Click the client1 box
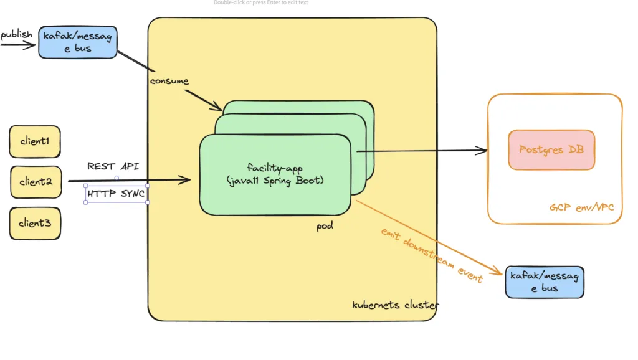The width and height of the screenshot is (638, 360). (35, 141)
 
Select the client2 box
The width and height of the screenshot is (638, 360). (36, 182)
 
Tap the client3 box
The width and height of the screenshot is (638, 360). (35, 223)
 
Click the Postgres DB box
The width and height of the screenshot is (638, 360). (551, 150)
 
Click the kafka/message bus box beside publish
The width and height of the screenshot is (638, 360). (78, 42)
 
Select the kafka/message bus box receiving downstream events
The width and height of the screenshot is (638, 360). (544, 282)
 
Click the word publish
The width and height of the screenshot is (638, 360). (17, 34)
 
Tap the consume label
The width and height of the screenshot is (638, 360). (169, 82)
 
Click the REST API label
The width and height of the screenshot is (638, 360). (113, 166)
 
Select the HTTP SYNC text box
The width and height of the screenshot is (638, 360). (117, 194)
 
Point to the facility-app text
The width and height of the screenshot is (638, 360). (274, 168)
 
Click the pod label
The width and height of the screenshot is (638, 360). (325, 226)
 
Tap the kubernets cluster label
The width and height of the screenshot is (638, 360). (395, 305)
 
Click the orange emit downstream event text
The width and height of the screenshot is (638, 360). (432, 255)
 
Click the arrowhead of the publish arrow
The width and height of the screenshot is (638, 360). (33, 45)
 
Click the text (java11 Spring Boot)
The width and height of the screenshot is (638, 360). (275, 180)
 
